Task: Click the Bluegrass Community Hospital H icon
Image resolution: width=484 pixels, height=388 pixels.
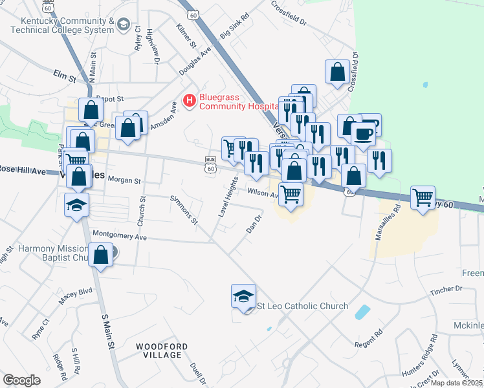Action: tap(190, 100)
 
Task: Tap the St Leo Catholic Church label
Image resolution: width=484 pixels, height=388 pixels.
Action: tap(303, 306)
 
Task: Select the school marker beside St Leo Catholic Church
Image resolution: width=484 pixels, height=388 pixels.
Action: tap(243, 297)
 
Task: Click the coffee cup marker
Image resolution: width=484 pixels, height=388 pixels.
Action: tap(364, 134)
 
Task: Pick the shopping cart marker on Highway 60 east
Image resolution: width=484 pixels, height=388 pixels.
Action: tap(423, 198)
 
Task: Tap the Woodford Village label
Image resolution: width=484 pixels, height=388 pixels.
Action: tap(162, 350)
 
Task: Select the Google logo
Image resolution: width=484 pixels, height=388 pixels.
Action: tap(21, 380)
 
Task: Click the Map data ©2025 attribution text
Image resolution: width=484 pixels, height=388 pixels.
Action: tap(456, 383)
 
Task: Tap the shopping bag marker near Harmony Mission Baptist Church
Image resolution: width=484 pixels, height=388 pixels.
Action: tap(101, 255)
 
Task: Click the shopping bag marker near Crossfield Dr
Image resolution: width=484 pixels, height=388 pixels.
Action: tap(338, 72)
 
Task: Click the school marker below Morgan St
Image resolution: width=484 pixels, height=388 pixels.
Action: tap(77, 206)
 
